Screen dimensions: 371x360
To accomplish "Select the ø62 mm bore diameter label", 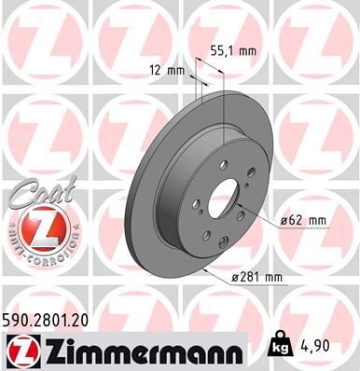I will tap(303, 220).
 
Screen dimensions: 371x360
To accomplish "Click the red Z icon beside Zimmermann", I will tap(18, 350).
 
